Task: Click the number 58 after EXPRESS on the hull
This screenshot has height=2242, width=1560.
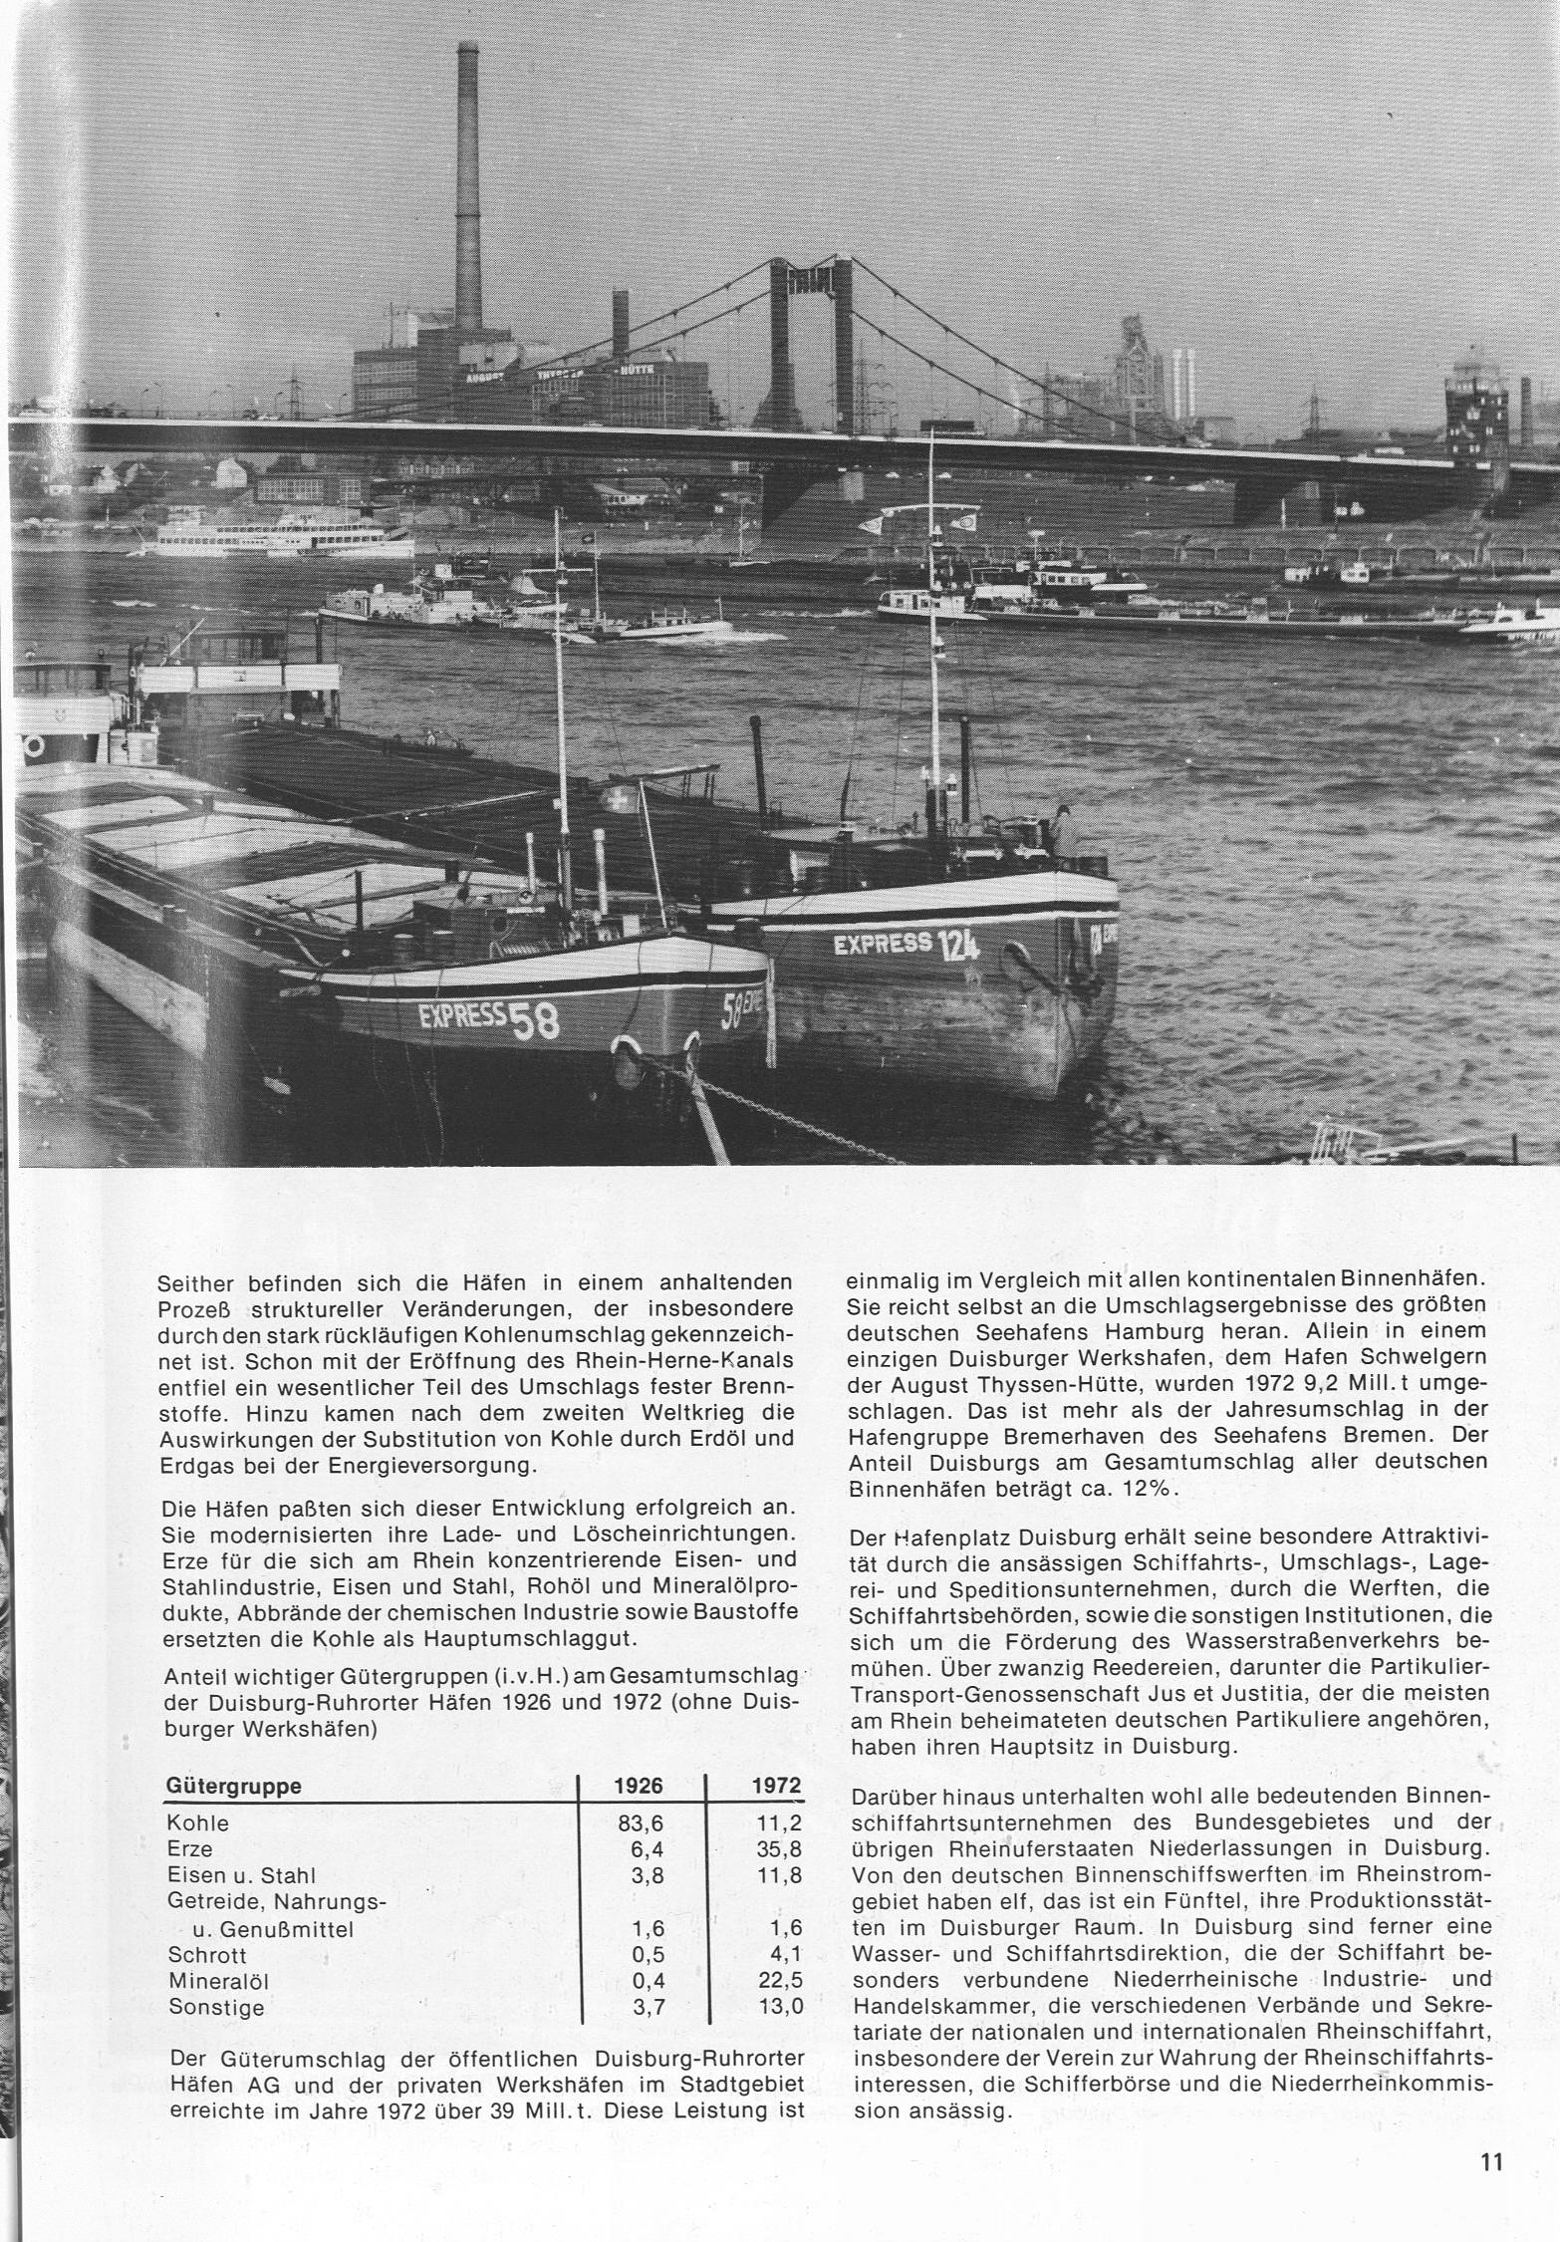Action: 534,1022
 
